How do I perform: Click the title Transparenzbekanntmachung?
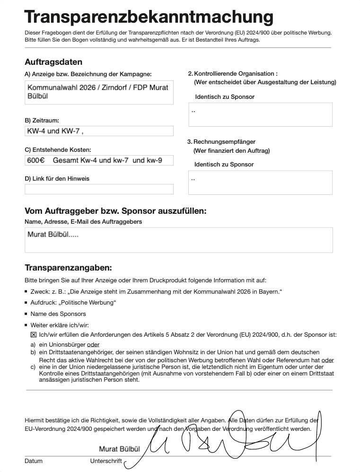[x=149, y=17]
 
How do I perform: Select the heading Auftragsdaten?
[x=53, y=62]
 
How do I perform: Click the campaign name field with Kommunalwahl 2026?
[x=99, y=92]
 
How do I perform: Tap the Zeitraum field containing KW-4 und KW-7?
[x=99, y=131]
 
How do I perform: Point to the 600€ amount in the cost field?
[x=35, y=160]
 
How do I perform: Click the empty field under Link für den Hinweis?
[x=99, y=189]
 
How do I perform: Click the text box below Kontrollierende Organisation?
[x=260, y=115]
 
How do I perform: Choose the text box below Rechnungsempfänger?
[x=260, y=183]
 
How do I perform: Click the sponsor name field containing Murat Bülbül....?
[x=178, y=240]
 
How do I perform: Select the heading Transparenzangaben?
[x=68, y=268]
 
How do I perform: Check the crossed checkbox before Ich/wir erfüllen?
[x=34, y=334]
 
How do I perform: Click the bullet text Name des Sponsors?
[x=58, y=314]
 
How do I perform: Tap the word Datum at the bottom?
[x=34, y=461]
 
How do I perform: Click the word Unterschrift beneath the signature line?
[x=106, y=461]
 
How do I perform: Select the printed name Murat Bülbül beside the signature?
[x=119, y=448]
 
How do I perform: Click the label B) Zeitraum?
[x=42, y=121]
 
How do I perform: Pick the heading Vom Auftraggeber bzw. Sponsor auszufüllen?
[x=115, y=211]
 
